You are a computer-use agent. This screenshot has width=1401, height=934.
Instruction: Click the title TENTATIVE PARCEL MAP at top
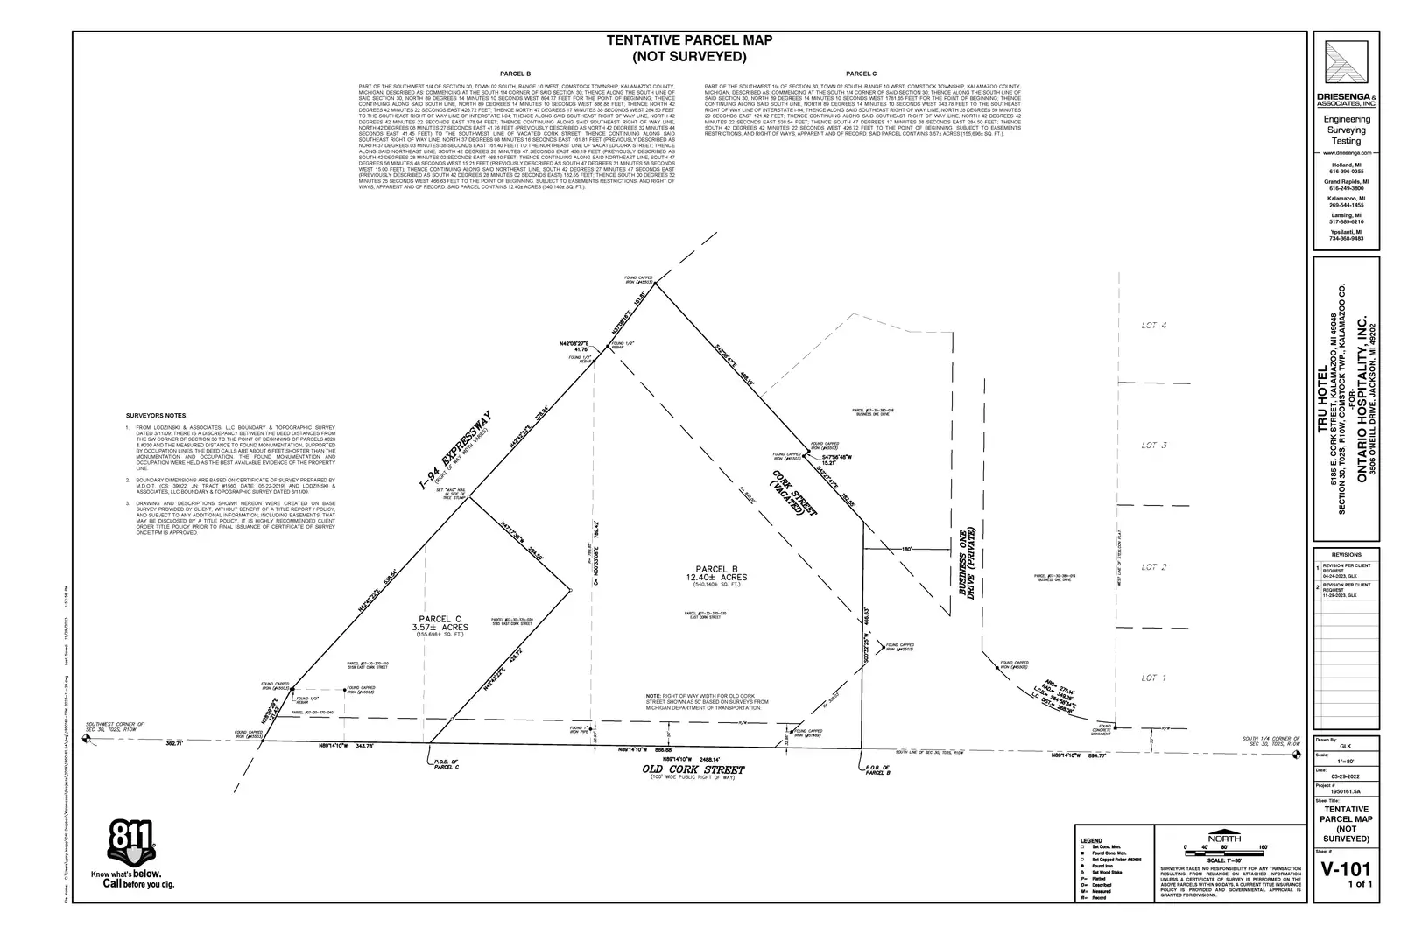(689, 40)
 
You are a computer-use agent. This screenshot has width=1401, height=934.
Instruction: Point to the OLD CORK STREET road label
(693, 769)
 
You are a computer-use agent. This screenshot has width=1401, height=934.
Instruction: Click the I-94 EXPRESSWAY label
(454, 449)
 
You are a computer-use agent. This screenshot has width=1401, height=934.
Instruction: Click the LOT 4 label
(1153, 326)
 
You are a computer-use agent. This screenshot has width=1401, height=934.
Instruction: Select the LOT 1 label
(1153, 678)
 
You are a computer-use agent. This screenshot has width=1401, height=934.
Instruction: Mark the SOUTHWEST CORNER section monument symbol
(87, 739)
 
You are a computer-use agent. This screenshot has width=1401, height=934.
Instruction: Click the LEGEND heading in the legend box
(1091, 840)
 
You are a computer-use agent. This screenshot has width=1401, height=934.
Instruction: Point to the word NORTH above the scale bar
(1223, 837)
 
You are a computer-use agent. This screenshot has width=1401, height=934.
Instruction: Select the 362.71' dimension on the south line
(173, 743)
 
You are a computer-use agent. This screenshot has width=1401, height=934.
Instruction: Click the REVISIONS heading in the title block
(1346, 555)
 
